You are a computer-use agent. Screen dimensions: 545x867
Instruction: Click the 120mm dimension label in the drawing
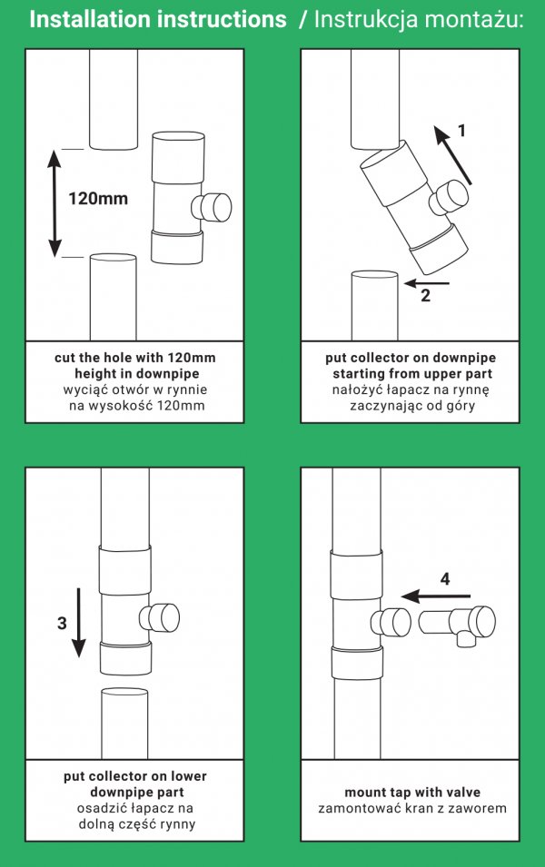pos(98,198)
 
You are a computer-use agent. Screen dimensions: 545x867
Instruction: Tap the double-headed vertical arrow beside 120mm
pos(54,203)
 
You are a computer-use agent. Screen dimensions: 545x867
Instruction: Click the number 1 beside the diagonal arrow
pos(461,131)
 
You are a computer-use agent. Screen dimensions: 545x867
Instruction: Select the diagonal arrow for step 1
pos(452,155)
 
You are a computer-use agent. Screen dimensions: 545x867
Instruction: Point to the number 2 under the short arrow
pos(425,295)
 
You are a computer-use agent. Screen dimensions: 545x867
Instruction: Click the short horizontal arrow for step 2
pos(427,283)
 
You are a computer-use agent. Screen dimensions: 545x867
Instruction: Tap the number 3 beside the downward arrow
pos(62,623)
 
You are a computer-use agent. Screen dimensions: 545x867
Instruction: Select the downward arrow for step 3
pos(78,623)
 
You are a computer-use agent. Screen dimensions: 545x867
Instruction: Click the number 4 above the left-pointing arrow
pos(445,579)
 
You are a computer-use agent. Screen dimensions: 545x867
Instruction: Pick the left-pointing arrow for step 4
pos(436,596)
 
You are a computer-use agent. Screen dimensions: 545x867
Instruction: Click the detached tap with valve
pos(457,624)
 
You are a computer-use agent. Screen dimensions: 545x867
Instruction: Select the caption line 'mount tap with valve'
pos(412,793)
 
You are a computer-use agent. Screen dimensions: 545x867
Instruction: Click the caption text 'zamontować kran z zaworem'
pos(412,808)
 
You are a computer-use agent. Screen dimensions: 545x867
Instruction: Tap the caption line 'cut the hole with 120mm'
pos(135,358)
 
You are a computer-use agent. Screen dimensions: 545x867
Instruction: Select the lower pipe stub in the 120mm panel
pos(113,297)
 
